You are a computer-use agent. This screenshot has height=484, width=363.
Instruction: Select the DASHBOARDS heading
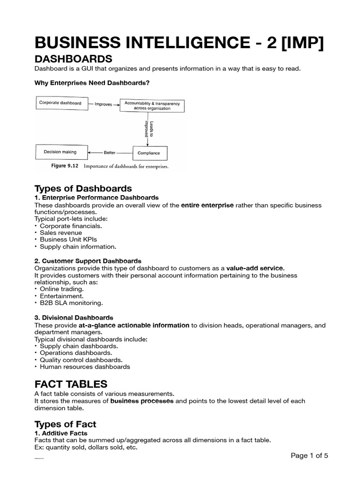73,59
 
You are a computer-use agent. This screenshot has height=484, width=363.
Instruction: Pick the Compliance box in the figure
148,153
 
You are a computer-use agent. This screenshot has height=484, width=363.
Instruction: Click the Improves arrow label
103,104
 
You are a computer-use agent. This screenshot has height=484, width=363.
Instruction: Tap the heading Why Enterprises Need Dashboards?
92,83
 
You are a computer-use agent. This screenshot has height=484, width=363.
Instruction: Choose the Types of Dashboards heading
83,189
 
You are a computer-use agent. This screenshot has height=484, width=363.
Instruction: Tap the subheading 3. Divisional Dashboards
74,318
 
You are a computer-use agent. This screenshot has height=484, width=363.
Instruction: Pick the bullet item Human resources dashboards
85,366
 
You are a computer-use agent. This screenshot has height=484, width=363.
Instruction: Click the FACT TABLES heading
71,383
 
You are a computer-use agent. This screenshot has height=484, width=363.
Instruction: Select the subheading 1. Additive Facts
61,433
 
